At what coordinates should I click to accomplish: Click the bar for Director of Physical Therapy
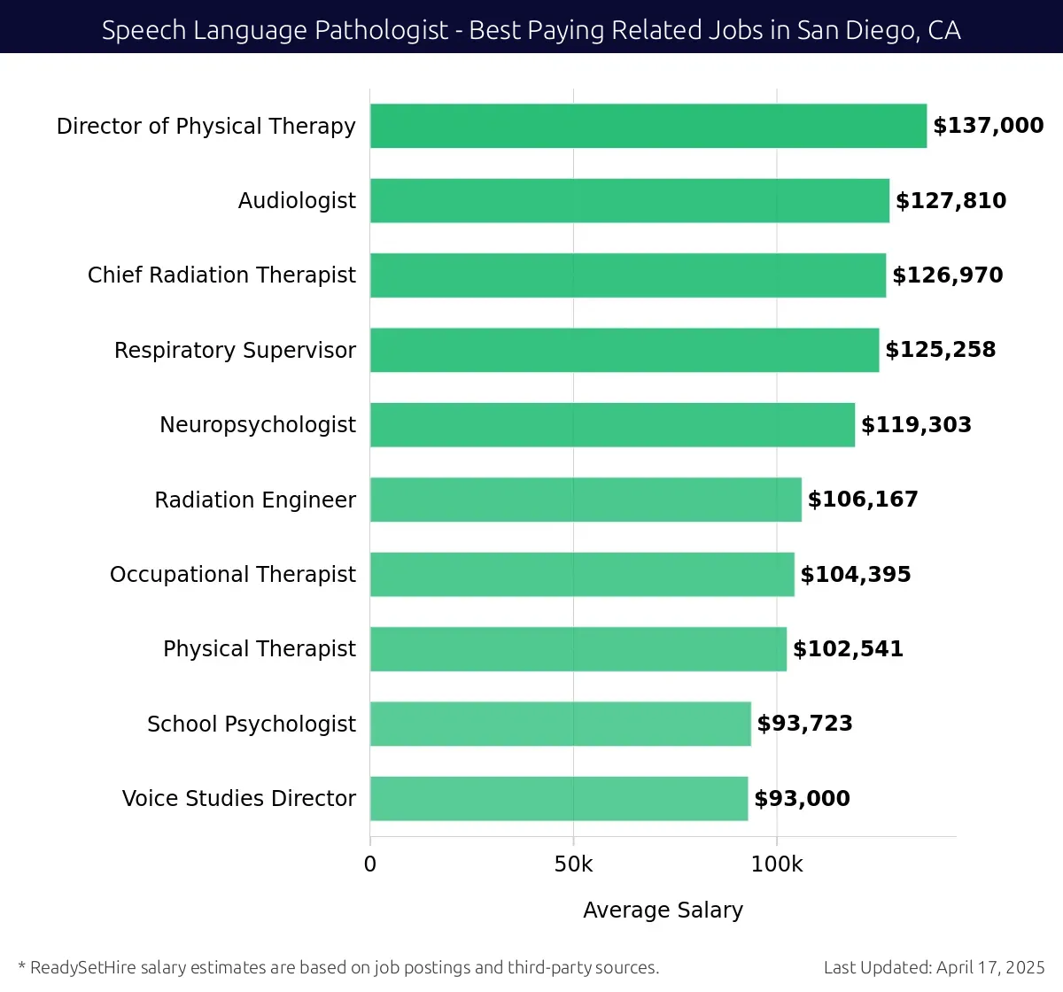click(648, 126)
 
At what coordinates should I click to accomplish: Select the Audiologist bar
click(630, 200)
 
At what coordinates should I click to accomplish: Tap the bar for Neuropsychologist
click(612, 424)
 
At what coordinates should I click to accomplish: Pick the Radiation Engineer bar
click(586, 500)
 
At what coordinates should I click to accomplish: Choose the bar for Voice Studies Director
click(559, 798)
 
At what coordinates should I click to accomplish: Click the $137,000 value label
click(989, 126)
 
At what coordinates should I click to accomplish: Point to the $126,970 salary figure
click(948, 275)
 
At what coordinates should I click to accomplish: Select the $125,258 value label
click(941, 350)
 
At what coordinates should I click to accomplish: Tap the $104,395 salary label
click(856, 575)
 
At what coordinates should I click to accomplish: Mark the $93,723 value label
click(805, 724)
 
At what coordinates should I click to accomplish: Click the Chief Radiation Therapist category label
click(221, 275)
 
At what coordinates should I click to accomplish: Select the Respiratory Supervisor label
click(235, 350)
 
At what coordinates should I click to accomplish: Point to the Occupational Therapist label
click(233, 575)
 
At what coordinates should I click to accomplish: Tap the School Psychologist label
click(252, 724)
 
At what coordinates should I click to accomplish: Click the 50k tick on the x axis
click(573, 864)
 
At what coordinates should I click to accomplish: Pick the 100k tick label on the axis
click(777, 864)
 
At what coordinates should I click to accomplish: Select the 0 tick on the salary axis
click(370, 864)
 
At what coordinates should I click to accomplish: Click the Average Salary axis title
click(663, 910)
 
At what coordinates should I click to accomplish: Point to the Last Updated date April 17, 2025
click(990, 967)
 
